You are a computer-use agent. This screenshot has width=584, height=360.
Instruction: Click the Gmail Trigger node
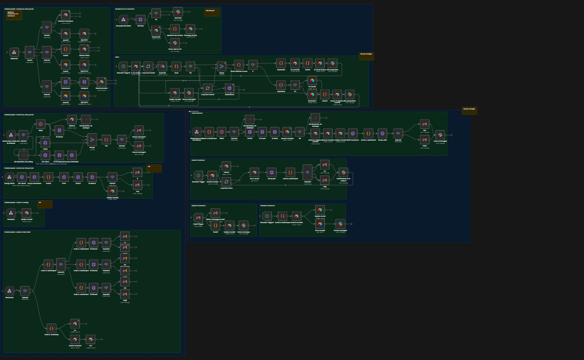coord(198,217)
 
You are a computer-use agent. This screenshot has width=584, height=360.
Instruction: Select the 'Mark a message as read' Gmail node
coord(215,213)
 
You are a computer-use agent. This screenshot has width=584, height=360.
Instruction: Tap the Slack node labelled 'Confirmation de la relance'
coord(343,172)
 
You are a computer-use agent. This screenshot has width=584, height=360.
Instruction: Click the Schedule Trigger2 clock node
coord(267,216)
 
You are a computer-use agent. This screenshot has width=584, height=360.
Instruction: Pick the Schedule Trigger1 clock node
coord(123,66)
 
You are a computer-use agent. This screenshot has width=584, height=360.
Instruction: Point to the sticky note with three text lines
coord(14,15)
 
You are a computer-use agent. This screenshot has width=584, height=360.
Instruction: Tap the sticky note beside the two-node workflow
coord(45,204)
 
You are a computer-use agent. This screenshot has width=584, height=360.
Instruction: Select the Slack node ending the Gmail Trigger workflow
coord(243,225)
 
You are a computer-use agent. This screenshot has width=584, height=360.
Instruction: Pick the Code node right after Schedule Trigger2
coord(282,216)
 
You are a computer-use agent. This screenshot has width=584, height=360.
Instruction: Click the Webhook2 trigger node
coord(10,291)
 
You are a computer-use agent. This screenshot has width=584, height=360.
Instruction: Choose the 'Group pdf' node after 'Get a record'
coord(271,172)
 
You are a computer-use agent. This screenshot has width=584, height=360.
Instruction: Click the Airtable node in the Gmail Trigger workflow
coord(230,225)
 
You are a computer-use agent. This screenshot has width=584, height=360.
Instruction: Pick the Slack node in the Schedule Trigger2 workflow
coord(340,224)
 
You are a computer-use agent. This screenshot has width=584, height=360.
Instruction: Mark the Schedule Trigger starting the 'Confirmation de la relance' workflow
coord(198,175)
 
